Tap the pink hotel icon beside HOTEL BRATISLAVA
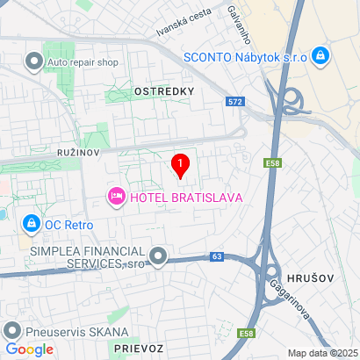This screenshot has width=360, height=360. pos(116,197)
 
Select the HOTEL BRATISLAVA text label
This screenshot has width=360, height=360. pos(185,197)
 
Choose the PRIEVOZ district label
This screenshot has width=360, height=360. pos(138,349)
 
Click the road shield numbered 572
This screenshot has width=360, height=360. pos(234,102)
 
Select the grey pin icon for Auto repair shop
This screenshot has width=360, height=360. pos(34,61)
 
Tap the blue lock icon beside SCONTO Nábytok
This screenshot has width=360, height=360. pos(321,57)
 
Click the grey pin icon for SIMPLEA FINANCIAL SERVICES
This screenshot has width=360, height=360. pos(158,256)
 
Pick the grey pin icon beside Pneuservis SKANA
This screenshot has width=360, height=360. pos(12,331)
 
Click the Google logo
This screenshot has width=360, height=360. pos(29,349)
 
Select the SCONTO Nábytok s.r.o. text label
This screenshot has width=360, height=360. pos(244,57)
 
